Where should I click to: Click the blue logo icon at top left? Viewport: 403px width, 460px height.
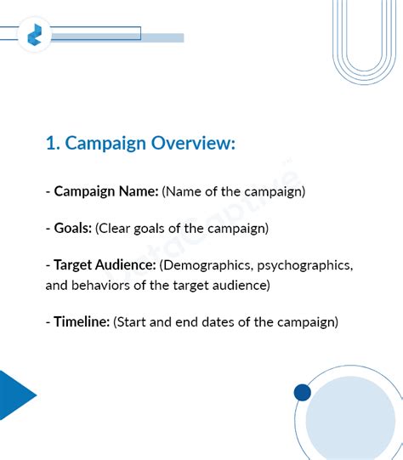[x=35, y=35]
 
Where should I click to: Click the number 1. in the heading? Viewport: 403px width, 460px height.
[x=53, y=144]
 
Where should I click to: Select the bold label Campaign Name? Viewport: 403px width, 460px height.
[x=106, y=191]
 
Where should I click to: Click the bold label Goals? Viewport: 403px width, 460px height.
[x=72, y=228]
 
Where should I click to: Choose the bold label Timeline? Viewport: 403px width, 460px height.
[x=82, y=322]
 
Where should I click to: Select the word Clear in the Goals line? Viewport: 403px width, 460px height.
[x=116, y=228]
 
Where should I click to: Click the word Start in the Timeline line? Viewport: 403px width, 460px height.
[x=131, y=322]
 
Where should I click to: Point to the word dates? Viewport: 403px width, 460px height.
[x=224, y=322]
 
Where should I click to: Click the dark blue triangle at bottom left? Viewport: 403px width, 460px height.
[x=14, y=395]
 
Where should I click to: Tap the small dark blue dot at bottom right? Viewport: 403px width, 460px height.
[x=302, y=392]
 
